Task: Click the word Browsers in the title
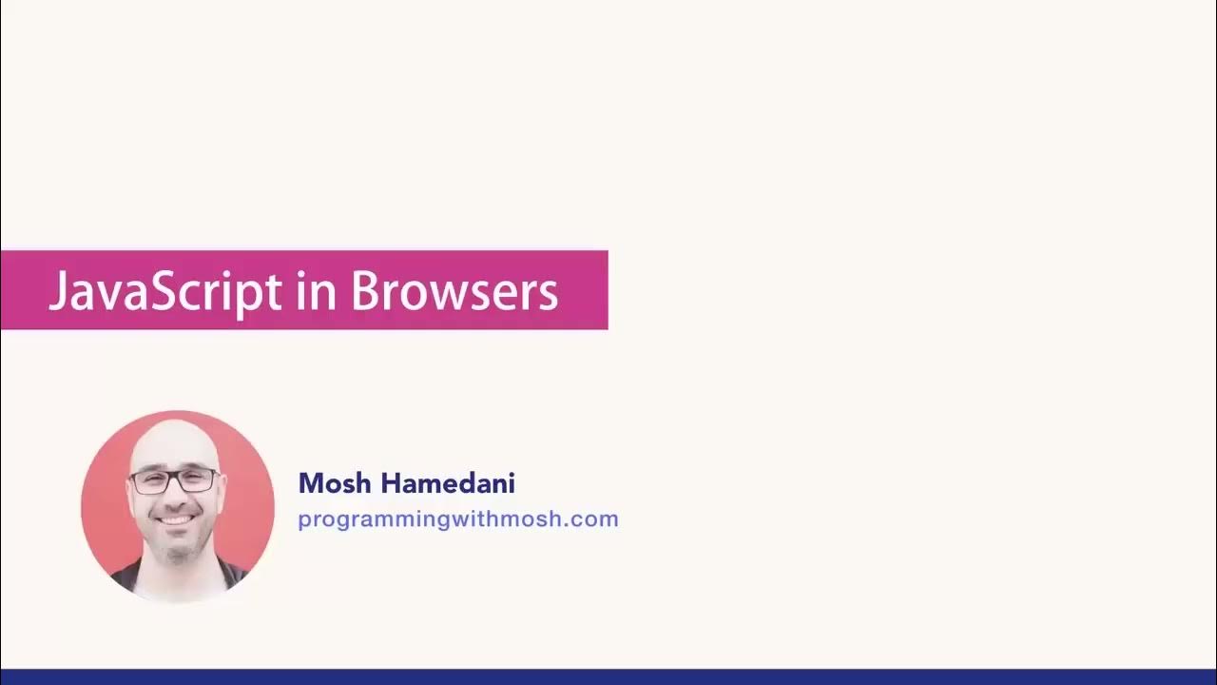pyautogui.click(x=454, y=291)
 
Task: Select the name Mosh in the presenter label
pyautogui.click(x=336, y=483)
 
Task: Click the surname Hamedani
pyautogui.click(x=448, y=483)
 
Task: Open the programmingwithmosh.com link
pyautogui.click(x=457, y=519)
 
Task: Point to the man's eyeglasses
pyautogui.click(x=174, y=480)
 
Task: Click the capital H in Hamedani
pyautogui.click(x=391, y=483)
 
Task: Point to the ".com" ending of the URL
pyautogui.click(x=596, y=519)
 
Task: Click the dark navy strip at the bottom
pyautogui.click(x=608, y=676)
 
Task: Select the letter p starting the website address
pyautogui.click(x=303, y=521)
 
